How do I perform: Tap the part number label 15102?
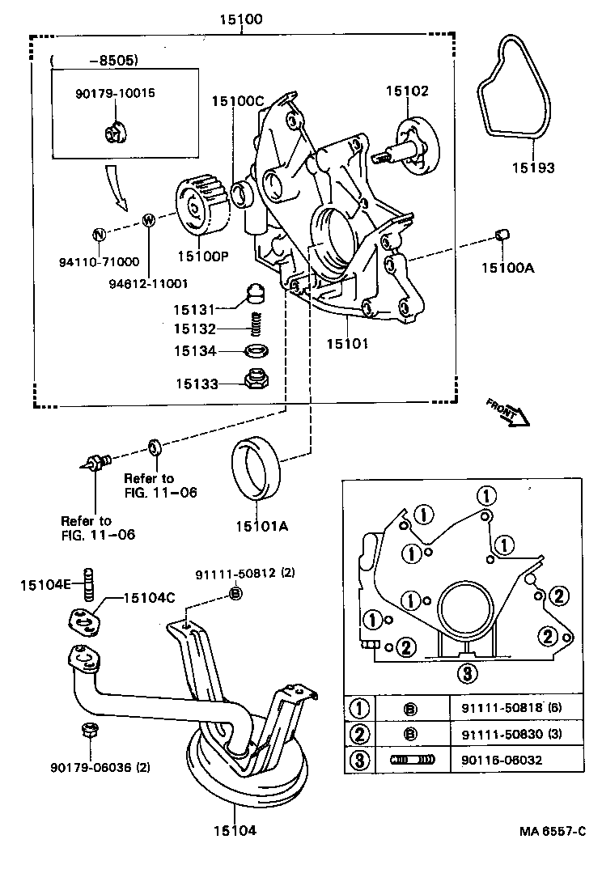tap(406, 91)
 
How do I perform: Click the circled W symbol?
tap(149, 220)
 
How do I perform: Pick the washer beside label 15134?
tap(256, 352)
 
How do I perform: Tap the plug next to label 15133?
tap(256, 379)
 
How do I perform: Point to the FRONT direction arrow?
tap(507, 411)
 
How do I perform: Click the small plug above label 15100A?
tap(501, 235)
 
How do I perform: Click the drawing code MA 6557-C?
tap(553, 831)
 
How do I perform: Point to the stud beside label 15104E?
tap(90, 582)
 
